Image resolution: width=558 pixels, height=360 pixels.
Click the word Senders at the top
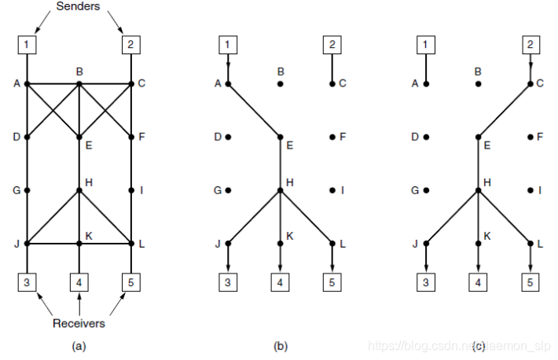click(x=79, y=7)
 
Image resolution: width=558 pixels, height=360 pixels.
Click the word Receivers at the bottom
click(x=79, y=323)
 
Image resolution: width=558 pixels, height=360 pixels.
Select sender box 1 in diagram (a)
click(x=27, y=44)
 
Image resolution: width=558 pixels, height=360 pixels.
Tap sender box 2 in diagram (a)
click(x=130, y=44)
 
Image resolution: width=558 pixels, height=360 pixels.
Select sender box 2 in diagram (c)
click(x=531, y=44)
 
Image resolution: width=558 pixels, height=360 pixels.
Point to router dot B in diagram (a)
click(x=79, y=83)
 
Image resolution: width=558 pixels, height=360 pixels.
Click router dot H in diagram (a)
click(x=79, y=190)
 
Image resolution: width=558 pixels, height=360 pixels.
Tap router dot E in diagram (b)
click(x=280, y=137)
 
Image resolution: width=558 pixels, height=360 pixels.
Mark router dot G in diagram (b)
click(x=228, y=190)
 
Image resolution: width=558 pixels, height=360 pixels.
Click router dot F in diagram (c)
click(x=531, y=137)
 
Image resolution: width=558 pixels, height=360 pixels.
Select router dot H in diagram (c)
click(x=479, y=190)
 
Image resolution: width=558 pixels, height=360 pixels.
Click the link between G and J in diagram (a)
click(x=27, y=217)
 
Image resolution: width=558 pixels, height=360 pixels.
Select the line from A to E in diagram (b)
click(x=254, y=110)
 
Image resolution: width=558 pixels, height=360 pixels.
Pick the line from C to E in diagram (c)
click(x=505, y=110)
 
